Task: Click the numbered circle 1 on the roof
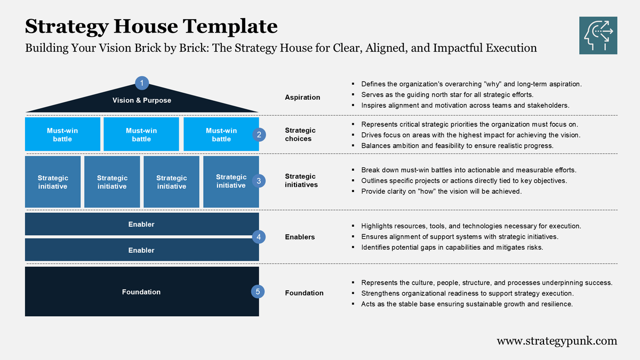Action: point(142,83)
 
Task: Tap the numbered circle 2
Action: point(259,134)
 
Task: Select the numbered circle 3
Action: point(259,181)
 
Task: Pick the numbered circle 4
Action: point(259,237)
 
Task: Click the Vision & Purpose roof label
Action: point(142,100)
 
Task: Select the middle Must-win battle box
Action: point(141,134)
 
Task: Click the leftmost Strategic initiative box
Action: point(53,182)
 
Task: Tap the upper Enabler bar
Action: point(141,224)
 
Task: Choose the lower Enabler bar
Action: point(141,250)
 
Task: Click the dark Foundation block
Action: point(141,292)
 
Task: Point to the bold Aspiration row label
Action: point(302,97)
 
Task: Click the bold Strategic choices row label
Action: point(300,134)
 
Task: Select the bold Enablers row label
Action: point(300,237)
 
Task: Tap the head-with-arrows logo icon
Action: point(598,35)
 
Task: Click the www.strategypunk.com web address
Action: point(557,341)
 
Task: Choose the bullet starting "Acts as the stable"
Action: point(467,303)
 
